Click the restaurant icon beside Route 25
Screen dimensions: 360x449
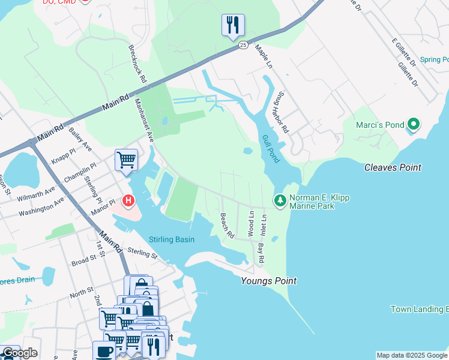(x=232, y=25)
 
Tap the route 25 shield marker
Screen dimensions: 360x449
(x=243, y=45)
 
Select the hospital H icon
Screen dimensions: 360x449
(x=128, y=200)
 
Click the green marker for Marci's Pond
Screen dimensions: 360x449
(x=413, y=125)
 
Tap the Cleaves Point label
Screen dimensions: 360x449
(x=393, y=167)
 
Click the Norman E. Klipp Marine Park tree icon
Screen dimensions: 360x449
(x=279, y=200)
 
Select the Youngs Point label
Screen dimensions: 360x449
(x=268, y=281)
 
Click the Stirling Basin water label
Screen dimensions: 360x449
(x=172, y=240)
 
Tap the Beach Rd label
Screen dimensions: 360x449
(x=226, y=226)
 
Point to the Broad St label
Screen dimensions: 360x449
(x=84, y=261)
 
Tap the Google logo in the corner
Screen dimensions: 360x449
(x=19, y=353)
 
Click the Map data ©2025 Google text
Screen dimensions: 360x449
(x=411, y=355)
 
